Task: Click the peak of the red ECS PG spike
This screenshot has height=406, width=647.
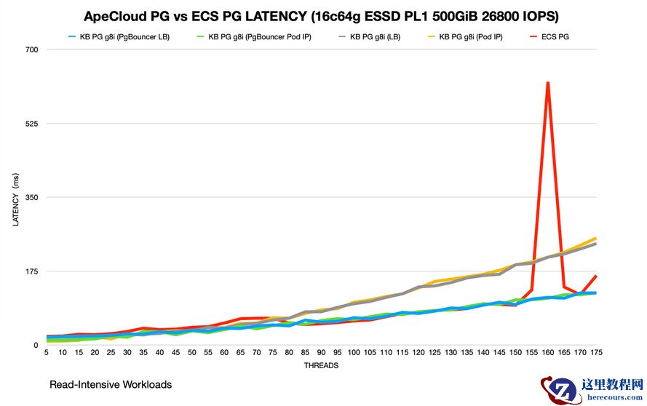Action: (547, 83)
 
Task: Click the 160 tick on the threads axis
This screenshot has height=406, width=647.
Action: (547, 353)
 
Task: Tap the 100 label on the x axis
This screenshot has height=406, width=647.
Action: (354, 353)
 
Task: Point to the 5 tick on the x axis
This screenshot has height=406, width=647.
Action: (47, 353)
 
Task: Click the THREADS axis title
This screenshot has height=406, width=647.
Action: (321, 365)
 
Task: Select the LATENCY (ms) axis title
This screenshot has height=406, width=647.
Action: (16, 200)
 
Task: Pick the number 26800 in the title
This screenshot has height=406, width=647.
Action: (487, 15)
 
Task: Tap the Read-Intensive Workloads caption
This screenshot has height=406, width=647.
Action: (111, 384)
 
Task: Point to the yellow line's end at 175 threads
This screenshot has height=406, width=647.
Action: (596, 238)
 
